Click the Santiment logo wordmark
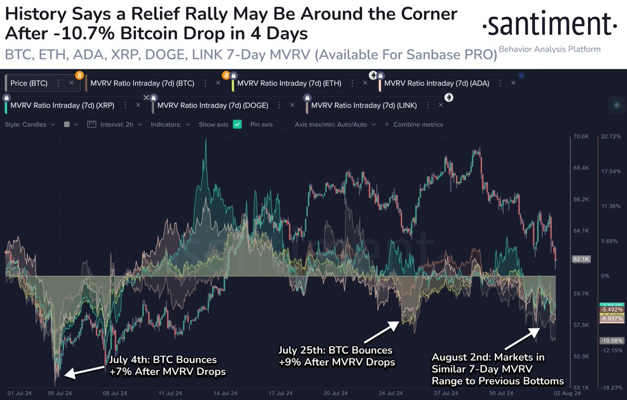tap(546, 25)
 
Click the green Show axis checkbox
tap(237, 124)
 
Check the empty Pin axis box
tap(282, 124)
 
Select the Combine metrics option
tap(414, 124)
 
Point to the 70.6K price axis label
tap(580, 136)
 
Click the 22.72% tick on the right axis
tap(611, 136)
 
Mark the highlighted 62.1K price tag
tap(581, 259)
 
